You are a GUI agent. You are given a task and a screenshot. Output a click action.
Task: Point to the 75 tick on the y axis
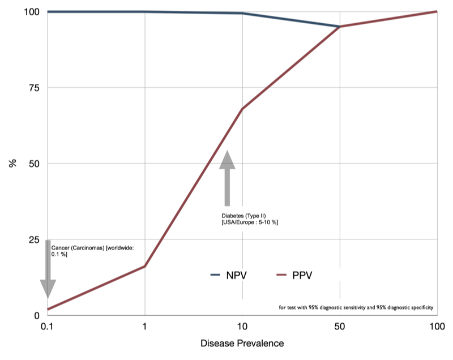tap(33, 88)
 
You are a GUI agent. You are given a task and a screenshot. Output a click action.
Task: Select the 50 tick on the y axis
tap(33, 164)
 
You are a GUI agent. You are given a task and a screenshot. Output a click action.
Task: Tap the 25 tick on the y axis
tap(33, 239)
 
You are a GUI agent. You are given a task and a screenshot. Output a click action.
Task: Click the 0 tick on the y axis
tap(36, 315)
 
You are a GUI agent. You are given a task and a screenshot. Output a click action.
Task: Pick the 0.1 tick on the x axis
tap(48, 327)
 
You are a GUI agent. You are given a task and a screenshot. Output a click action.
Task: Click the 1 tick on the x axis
tap(146, 327)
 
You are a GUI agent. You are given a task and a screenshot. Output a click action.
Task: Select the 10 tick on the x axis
tap(242, 327)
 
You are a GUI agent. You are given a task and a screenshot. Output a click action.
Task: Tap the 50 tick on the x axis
tap(339, 327)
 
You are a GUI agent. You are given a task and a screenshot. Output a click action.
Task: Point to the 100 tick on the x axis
tap(437, 327)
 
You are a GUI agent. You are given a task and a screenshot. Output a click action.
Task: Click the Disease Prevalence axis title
tap(242, 344)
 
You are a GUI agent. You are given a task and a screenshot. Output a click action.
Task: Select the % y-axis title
tap(12, 164)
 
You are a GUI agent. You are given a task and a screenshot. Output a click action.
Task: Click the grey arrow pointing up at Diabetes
tap(227, 178)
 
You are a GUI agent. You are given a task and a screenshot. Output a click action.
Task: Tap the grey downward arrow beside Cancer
tap(48, 269)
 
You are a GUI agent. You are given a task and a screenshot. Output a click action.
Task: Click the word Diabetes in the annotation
tap(232, 216)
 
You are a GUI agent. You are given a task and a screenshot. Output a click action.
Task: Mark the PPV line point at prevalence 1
tap(146, 266)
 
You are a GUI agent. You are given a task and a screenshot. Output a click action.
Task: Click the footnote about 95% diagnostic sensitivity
tap(356, 308)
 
